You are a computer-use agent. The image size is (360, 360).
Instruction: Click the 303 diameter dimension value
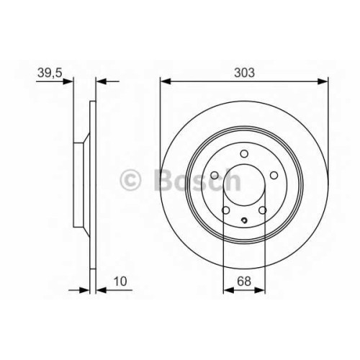tap(244, 73)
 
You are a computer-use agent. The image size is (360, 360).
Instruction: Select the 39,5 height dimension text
tap(50, 73)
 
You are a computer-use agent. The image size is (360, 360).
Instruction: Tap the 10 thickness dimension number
tap(120, 282)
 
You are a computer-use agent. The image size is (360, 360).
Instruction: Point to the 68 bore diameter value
tap(244, 282)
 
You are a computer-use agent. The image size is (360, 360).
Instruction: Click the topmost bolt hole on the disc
tap(244, 153)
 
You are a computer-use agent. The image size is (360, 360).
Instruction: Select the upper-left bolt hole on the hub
tap(215, 176)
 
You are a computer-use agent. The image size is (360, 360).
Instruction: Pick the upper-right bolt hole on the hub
tap(274, 176)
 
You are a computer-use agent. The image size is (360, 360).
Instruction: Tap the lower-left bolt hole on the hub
tap(226, 210)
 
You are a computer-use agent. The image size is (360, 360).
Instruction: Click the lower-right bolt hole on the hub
tap(263, 210)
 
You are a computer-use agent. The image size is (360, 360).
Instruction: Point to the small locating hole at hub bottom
tap(244, 220)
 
